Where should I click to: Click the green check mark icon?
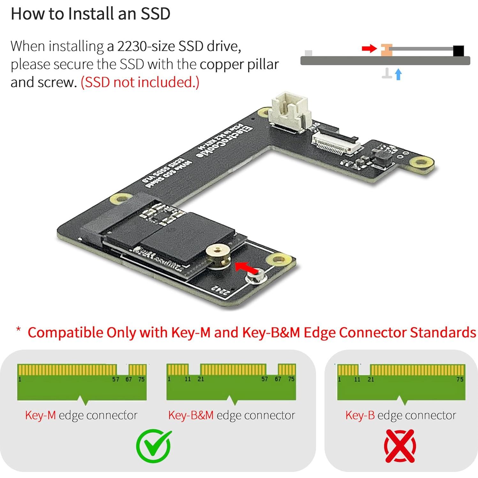(154, 446)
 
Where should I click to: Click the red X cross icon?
(400, 446)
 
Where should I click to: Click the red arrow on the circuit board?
(246, 267)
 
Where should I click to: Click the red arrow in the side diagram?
(369, 49)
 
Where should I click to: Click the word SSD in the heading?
(156, 14)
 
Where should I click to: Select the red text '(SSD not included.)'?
(140, 82)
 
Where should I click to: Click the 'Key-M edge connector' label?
(81, 415)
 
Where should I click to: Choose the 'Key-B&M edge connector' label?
(231, 415)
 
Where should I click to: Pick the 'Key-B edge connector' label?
(400, 415)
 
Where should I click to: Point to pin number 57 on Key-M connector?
(116, 379)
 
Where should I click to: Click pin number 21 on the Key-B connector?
(371, 379)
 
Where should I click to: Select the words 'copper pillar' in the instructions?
(239, 64)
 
